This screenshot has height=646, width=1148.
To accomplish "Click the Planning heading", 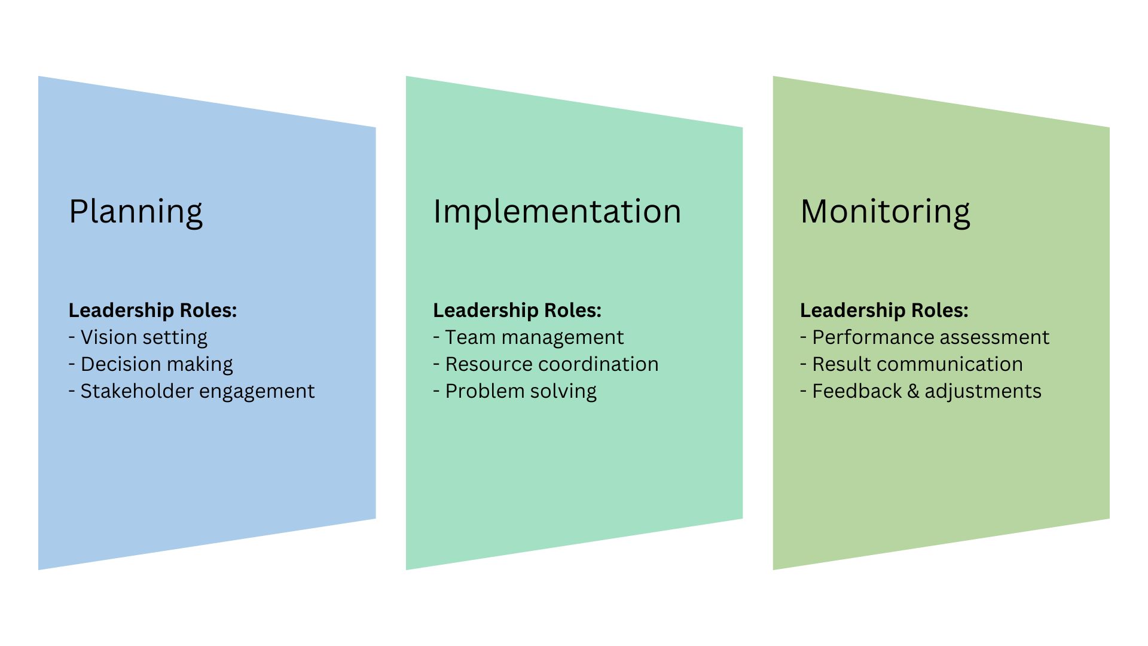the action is click(x=136, y=212).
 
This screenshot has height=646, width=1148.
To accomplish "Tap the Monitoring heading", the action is click(x=885, y=212).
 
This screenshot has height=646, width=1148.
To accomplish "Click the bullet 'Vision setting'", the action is click(x=138, y=338).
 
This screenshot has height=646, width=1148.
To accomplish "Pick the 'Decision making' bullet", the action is click(x=151, y=365).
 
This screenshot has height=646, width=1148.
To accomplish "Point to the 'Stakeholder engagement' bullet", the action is click(x=191, y=392).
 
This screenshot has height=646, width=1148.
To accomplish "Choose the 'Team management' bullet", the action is click(x=529, y=338).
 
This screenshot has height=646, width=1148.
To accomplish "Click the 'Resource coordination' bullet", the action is click(x=546, y=364).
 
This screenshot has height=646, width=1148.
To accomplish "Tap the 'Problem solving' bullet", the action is click(x=515, y=392).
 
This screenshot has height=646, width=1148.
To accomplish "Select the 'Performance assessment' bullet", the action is click(x=925, y=337).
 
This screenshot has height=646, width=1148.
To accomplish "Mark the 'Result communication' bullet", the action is click(x=912, y=364).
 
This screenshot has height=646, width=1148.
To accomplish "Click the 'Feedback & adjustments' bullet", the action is click(x=921, y=392).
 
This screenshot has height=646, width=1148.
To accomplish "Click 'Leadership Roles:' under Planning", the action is click(x=152, y=310).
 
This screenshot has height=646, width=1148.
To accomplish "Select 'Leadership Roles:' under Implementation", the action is click(x=517, y=310).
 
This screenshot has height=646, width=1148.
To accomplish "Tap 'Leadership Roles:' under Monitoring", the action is click(x=884, y=310).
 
